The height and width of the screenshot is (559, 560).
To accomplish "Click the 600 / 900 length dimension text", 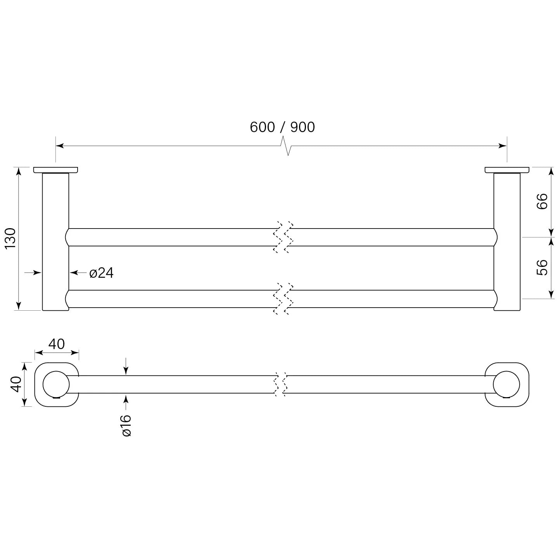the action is [282, 127].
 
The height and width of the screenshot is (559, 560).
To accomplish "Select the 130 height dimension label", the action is [10, 238].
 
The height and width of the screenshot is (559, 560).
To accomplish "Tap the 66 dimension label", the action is [542, 201].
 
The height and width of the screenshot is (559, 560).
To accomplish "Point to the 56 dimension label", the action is [542, 267].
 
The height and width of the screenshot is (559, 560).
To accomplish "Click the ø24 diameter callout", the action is [102, 273].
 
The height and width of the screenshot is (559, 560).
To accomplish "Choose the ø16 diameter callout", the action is [126, 426].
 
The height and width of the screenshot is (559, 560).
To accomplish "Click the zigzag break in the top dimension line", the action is [286, 146].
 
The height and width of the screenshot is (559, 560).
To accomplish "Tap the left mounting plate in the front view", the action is [55, 170].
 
